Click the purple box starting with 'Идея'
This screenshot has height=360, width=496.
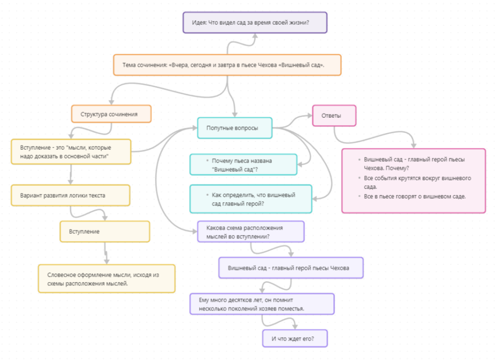click(x=255, y=22)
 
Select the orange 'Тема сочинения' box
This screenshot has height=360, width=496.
click(x=227, y=65)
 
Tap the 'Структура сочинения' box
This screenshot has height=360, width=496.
click(x=111, y=114)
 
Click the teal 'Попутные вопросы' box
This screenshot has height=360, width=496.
click(x=235, y=128)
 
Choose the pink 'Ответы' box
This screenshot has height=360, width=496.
click(x=334, y=116)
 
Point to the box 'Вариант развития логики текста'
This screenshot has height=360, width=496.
click(x=71, y=195)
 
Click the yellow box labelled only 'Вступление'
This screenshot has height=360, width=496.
click(x=105, y=232)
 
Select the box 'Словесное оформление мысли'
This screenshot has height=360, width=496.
click(x=107, y=279)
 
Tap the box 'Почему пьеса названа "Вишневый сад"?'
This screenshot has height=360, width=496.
click(x=243, y=165)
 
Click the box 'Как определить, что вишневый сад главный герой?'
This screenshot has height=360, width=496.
click(x=251, y=199)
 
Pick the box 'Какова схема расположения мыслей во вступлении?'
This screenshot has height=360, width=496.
click(x=251, y=232)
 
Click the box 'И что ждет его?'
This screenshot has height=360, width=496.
click(x=295, y=339)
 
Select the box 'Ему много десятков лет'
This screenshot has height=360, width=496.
click(x=262, y=304)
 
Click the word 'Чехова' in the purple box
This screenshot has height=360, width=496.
click(x=340, y=268)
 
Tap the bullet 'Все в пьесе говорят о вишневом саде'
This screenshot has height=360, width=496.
click(x=415, y=196)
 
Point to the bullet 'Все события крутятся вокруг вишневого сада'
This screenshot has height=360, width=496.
click(x=417, y=182)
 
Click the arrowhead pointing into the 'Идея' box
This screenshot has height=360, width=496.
click(x=255, y=36)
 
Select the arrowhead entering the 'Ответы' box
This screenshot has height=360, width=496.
click(x=310, y=116)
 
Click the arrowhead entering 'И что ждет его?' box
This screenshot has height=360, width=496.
click(x=295, y=327)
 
